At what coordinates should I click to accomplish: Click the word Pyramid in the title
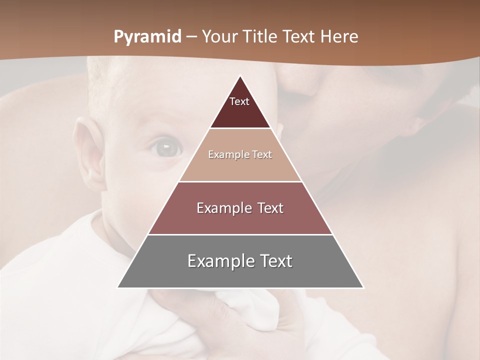(x=147, y=37)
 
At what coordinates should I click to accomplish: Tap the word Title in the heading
(x=259, y=37)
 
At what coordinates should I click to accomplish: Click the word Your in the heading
(x=220, y=37)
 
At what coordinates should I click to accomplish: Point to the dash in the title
(x=192, y=37)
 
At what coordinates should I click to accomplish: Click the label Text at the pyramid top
(x=239, y=101)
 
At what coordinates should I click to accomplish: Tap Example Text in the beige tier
(x=240, y=154)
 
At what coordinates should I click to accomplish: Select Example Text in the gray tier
(x=240, y=261)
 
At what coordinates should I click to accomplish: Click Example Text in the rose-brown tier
(x=240, y=208)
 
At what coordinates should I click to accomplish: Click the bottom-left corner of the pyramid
(x=118, y=287)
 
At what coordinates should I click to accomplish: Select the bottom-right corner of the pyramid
(x=363, y=287)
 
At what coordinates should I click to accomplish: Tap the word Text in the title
(x=300, y=37)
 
